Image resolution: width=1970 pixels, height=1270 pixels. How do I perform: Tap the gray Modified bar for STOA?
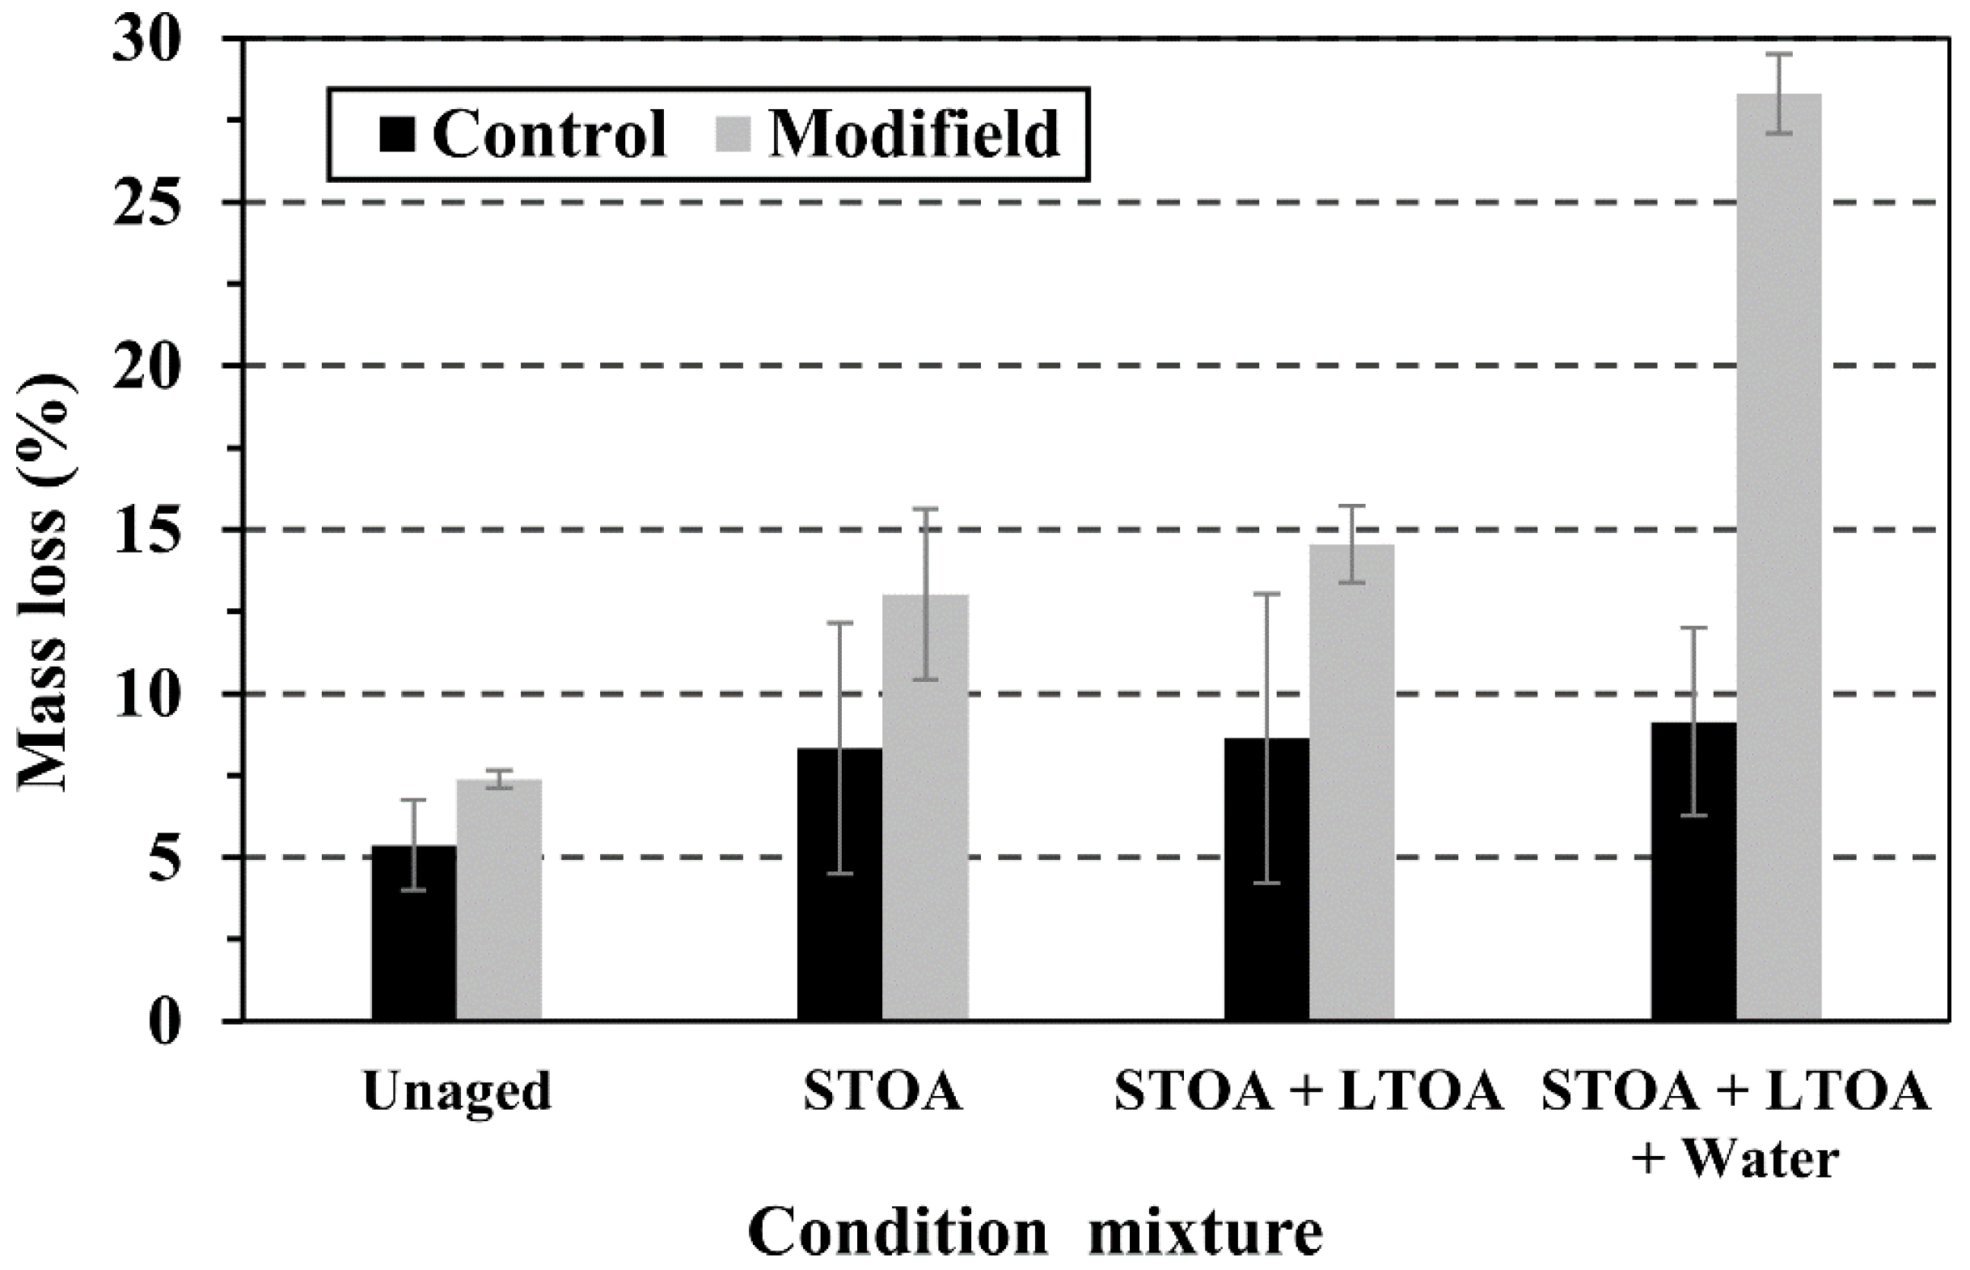click(x=925, y=808)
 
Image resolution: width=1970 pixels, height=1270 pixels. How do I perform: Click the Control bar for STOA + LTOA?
click(x=1267, y=879)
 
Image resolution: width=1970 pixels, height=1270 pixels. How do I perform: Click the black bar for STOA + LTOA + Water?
click(x=1694, y=871)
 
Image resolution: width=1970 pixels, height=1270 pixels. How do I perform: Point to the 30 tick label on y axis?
click(x=147, y=40)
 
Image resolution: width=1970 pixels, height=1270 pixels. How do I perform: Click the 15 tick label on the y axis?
click(x=147, y=530)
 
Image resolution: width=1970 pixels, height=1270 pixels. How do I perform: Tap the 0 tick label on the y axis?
click(x=164, y=1022)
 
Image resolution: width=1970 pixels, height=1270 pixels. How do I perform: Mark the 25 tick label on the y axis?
click(x=147, y=202)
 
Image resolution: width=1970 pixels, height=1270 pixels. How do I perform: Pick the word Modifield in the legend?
click(x=913, y=134)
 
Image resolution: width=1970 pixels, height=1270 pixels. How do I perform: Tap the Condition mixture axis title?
click(x=1035, y=1234)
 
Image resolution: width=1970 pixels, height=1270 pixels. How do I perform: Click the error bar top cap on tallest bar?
click(x=1779, y=54)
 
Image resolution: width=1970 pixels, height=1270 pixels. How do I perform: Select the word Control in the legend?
click(x=548, y=134)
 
